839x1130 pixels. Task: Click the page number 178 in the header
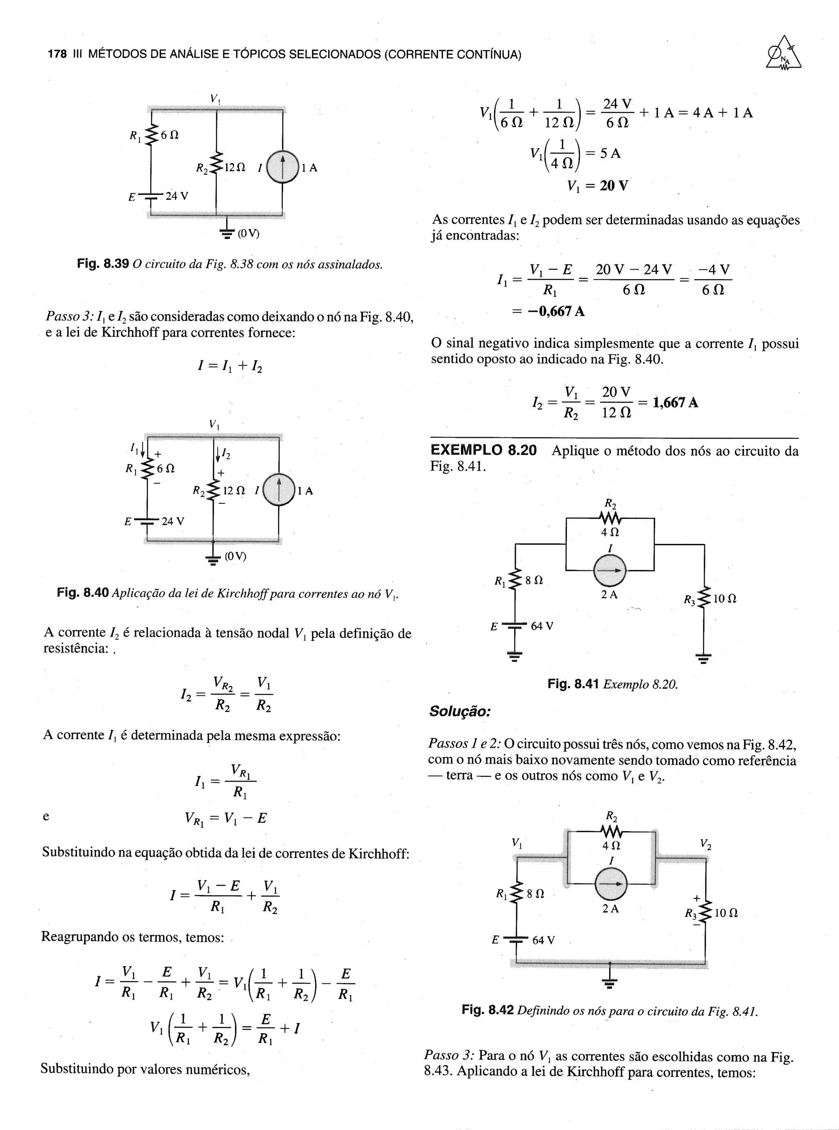[57, 54]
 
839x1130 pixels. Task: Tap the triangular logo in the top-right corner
[784, 54]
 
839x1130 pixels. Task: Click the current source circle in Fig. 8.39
[282, 167]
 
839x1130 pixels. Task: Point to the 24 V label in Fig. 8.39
[176, 195]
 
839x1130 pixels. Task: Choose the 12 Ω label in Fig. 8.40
[234, 490]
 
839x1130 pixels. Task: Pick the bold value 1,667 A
[675, 403]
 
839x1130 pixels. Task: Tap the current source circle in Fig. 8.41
[610, 570]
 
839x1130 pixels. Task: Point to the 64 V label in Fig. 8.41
[542, 626]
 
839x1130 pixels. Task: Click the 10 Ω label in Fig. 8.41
[725, 599]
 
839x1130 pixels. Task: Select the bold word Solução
[460, 711]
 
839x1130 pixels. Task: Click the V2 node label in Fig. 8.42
[705, 844]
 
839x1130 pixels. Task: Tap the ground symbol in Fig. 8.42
[610, 983]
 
